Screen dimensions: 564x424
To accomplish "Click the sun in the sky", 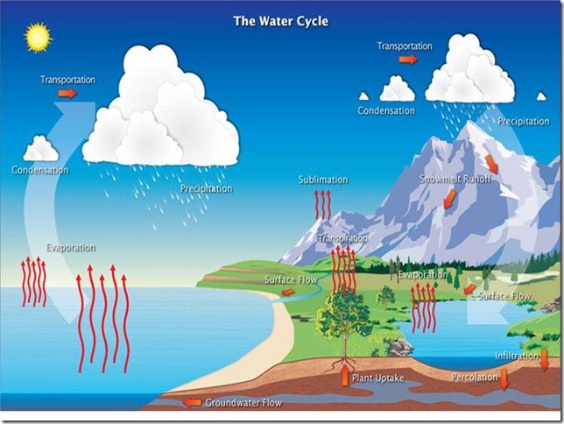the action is click(x=39, y=37).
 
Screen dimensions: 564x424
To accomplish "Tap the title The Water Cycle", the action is click(x=282, y=18).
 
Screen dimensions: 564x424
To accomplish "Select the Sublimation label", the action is click(x=323, y=180).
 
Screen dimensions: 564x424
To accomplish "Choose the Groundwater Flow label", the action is click(x=243, y=403).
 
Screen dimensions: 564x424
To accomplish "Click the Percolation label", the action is click(x=476, y=378).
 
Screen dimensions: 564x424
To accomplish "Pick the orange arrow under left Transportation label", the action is click(x=67, y=93).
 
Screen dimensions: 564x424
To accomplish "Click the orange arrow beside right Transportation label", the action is click(x=408, y=60).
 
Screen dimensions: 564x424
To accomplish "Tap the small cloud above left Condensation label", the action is click(x=41, y=148).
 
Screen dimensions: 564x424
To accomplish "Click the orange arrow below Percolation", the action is click(x=504, y=379).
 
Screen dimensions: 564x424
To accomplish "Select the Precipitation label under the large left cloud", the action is click(x=207, y=188).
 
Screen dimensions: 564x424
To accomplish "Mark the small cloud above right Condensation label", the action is click(x=397, y=89).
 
